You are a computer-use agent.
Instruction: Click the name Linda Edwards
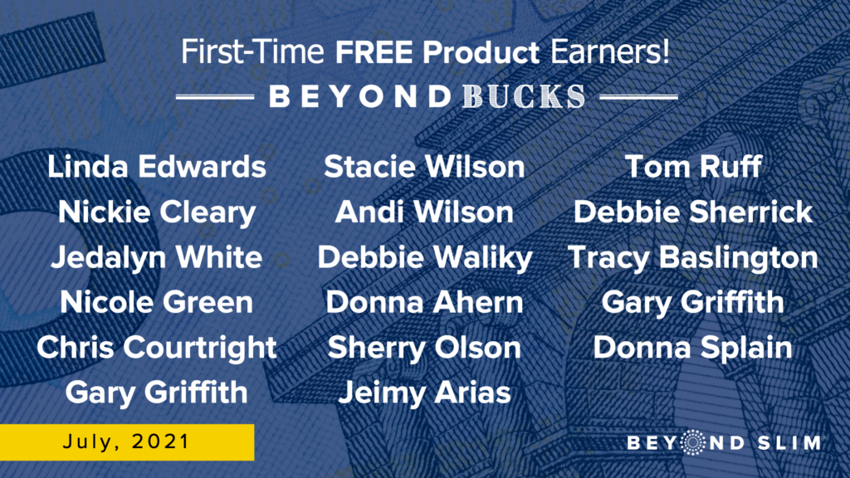(x=157, y=166)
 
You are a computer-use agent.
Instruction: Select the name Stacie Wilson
(x=424, y=166)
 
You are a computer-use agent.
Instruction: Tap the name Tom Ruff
(x=693, y=166)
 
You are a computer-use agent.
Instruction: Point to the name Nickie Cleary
(x=157, y=212)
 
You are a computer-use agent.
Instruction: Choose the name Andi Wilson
(x=424, y=212)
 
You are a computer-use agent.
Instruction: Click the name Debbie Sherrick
(x=693, y=212)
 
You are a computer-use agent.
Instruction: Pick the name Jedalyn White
(x=157, y=258)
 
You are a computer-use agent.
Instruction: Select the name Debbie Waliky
(x=425, y=258)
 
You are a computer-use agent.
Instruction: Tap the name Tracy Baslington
(x=693, y=258)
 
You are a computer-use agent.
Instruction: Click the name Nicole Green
(x=157, y=302)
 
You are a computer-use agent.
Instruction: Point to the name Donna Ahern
(x=424, y=302)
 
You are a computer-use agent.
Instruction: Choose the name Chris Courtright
(x=157, y=349)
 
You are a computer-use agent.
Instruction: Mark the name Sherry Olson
(x=424, y=349)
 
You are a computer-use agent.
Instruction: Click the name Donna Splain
(x=693, y=349)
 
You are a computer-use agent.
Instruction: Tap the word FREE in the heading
(x=374, y=52)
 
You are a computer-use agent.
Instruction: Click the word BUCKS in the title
(x=525, y=97)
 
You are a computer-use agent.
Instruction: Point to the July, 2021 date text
(x=126, y=442)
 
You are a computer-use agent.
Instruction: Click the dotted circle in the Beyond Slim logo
(x=692, y=443)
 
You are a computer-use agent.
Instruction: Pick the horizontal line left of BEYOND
(x=215, y=98)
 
